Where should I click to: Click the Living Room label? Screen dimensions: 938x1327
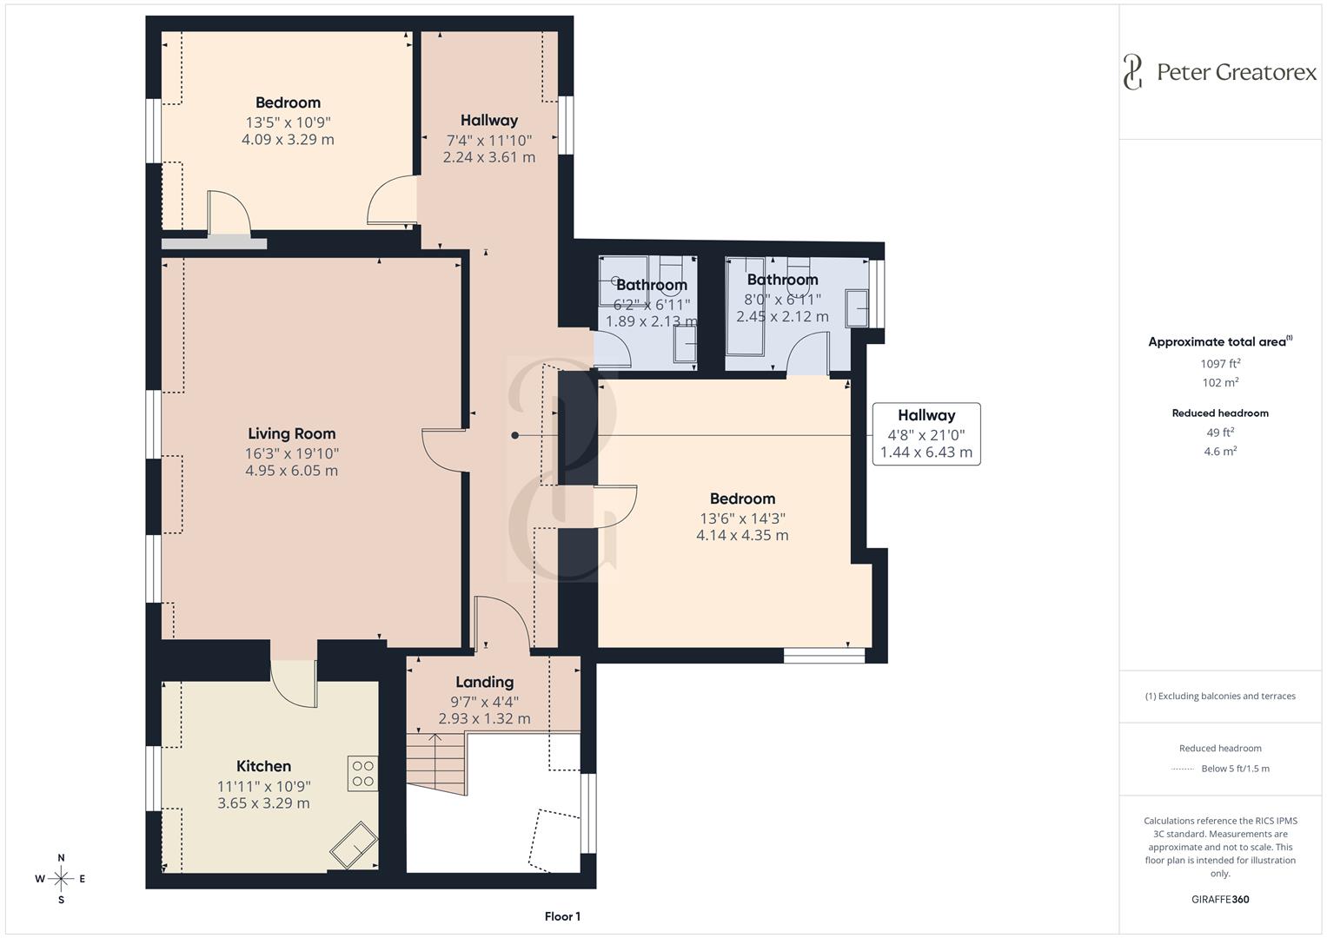point(291,433)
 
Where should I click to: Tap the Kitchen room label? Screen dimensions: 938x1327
point(263,766)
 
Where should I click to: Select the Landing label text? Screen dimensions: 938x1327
point(484,682)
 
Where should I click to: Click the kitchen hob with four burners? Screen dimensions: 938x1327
point(362,774)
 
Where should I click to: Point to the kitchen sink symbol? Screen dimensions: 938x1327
point(353,843)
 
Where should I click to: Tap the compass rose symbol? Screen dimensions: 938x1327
point(61,878)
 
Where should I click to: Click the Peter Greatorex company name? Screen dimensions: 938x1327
point(1237,72)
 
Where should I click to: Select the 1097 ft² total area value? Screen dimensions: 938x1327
point(1220,364)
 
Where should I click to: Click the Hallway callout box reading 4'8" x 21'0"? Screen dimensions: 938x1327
point(926,433)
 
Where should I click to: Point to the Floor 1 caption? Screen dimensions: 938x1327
point(562,916)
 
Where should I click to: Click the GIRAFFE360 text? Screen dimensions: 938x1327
point(1220,899)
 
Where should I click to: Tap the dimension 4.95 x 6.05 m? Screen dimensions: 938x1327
point(291,471)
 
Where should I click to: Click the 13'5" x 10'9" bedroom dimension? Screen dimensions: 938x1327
point(288,122)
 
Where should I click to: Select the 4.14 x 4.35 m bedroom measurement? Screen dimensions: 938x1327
point(742,535)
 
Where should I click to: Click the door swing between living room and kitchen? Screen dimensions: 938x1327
point(294,682)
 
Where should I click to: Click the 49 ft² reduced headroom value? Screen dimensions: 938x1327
point(1220,432)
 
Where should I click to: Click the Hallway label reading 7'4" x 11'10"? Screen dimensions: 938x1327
point(488,139)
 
